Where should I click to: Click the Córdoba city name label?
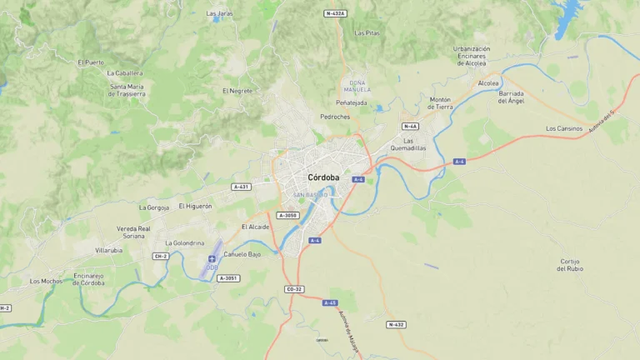[323, 177]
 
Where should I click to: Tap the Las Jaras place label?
[220, 13]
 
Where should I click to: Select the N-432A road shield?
[335, 13]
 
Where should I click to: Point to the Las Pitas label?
[367, 33]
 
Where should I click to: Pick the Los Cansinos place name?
[564, 128]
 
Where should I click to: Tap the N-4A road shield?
[410, 126]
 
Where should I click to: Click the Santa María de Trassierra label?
[127, 90]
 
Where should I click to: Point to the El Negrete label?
[237, 90]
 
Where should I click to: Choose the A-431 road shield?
[242, 187]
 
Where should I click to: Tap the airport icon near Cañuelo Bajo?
[212, 259]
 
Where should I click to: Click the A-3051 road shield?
[227, 277]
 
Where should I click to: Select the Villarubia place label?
[108, 250]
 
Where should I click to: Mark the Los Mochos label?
[46, 281]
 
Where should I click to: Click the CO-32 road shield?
[294, 289]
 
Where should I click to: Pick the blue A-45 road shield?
[330, 302]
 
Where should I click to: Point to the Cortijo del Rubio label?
[570, 265]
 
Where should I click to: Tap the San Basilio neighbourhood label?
[310, 195]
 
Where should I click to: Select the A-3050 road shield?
[287, 215]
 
